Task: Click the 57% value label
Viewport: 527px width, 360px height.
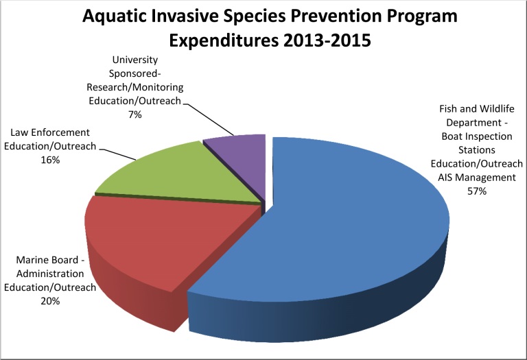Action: click(x=477, y=191)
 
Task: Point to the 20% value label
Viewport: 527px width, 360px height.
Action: click(x=50, y=301)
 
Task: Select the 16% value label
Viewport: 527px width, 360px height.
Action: click(x=50, y=160)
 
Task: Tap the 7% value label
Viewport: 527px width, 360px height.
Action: click(x=134, y=115)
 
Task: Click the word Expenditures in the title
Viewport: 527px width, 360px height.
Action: click(x=224, y=41)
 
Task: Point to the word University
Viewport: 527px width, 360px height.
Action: click(x=134, y=60)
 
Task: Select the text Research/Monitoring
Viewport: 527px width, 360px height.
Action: click(x=134, y=88)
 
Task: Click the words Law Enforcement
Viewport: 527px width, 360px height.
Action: click(x=50, y=132)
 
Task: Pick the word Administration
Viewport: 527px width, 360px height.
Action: click(x=50, y=274)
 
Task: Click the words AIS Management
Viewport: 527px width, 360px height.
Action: click(x=477, y=178)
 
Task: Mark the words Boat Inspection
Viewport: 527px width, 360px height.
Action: click(x=477, y=136)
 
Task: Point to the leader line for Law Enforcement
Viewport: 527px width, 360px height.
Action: click(x=117, y=154)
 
